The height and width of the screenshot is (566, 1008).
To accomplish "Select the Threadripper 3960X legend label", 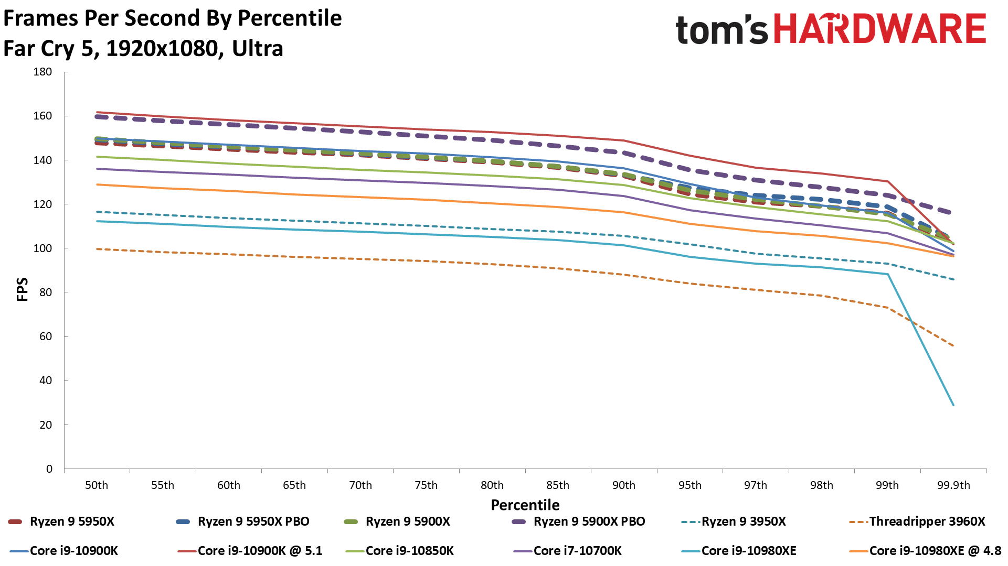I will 927,521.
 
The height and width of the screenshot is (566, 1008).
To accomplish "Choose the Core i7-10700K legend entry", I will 577,551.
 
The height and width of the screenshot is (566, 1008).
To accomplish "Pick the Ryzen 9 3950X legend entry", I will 744,521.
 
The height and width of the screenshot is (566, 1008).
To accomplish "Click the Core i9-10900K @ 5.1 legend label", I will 260,551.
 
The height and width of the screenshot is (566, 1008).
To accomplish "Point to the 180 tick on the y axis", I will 43,72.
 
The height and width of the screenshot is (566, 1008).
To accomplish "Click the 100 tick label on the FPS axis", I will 43,248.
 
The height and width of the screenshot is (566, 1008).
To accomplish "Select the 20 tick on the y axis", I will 46,425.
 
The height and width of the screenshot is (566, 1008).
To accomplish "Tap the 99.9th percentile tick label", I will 953,485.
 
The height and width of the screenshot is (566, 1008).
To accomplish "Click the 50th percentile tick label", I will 97,485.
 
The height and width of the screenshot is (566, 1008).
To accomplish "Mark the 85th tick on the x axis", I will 557,485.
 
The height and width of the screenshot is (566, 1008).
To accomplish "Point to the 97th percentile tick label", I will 755,485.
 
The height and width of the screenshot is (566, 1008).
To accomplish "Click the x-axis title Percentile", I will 525,505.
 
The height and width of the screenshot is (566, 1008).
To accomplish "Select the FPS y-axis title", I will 23,289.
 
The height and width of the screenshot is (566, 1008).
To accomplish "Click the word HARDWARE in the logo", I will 880,29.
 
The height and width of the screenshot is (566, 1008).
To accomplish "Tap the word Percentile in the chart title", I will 290,18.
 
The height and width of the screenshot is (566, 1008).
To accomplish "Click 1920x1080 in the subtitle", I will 161,49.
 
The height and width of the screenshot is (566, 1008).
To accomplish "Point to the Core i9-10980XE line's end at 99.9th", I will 953,405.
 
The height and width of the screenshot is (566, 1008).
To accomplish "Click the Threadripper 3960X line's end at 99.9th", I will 953,346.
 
